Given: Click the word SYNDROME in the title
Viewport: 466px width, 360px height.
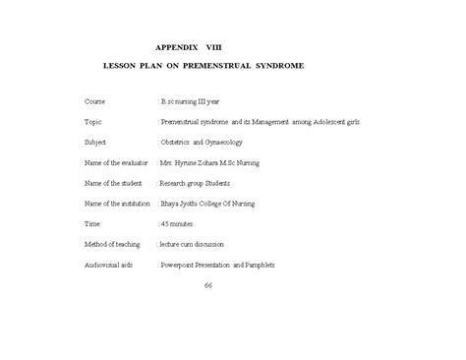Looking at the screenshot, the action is click(281, 65).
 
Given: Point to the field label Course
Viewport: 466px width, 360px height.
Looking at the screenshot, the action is click(95, 101).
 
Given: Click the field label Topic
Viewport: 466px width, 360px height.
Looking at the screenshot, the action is click(93, 122).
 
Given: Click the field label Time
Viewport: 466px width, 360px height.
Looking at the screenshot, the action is click(92, 224).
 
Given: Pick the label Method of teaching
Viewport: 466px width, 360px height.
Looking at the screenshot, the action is click(113, 244).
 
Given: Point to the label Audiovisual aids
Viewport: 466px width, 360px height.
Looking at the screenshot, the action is click(110, 265).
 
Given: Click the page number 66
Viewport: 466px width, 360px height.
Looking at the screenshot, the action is click(207, 285).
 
